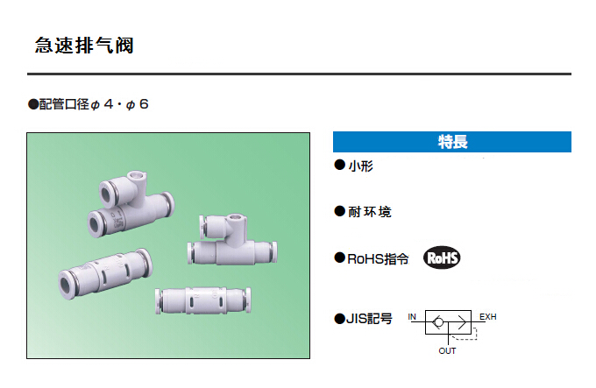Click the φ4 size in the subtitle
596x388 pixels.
[103, 104]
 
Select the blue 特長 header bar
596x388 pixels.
[451, 142]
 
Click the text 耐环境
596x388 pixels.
[369, 211]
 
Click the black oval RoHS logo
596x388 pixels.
[442, 257]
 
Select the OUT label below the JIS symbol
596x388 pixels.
[447, 351]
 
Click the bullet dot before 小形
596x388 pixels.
[339, 166]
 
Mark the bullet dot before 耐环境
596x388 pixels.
[339, 211]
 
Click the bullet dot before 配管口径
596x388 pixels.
[32, 104]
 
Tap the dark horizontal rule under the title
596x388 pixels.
[298, 74]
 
